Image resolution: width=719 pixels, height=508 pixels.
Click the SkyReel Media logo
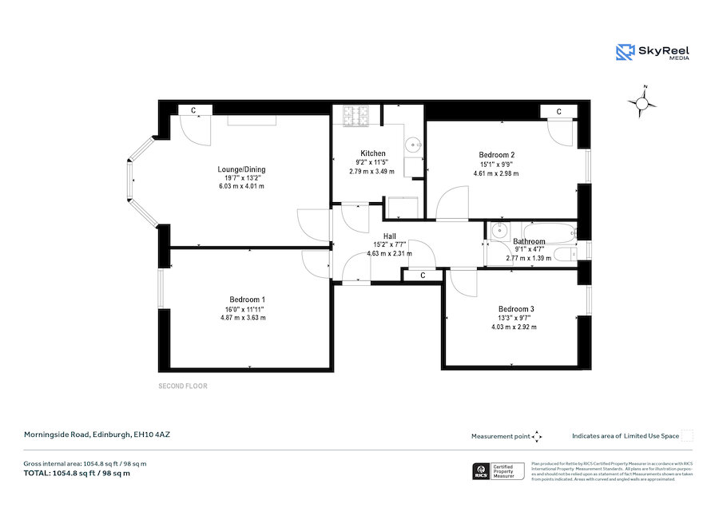click(653, 52)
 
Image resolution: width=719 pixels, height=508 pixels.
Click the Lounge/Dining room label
click(241, 169)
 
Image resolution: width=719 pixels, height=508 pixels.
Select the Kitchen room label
click(372, 153)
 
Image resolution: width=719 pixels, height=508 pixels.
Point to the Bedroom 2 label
click(496, 154)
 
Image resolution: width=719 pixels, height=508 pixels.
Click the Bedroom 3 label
click(515, 309)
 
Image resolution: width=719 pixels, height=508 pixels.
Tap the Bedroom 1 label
click(247, 300)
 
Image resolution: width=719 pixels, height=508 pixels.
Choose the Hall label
click(389, 236)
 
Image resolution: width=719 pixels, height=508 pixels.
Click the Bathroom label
click(529, 241)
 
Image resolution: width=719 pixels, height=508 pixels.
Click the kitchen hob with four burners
click(357, 117)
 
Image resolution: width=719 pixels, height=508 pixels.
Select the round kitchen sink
click(413, 145)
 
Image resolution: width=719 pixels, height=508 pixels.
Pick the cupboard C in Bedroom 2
click(558, 111)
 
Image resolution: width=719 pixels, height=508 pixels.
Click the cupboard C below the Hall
click(423, 275)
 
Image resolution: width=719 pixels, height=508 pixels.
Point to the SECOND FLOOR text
click(183, 387)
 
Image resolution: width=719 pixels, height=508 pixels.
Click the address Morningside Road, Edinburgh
click(97, 435)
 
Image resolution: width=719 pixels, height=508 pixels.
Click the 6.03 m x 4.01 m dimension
click(241, 186)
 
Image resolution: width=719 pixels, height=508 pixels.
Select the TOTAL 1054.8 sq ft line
click(77, 473)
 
